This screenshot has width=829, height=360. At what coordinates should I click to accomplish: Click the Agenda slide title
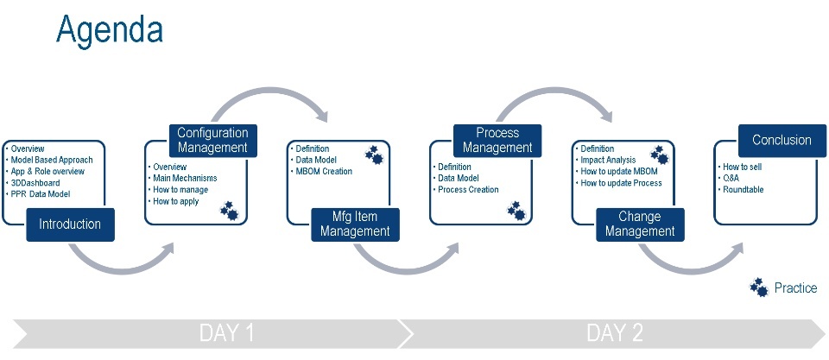coord(109,29)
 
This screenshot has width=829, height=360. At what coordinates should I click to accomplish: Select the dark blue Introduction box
coord(70,224)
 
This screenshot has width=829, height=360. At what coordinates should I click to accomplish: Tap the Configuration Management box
coord(212,141)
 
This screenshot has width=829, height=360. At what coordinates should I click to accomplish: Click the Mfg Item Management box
coord(355,224)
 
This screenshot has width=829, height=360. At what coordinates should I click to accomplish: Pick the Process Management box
coord(497,141)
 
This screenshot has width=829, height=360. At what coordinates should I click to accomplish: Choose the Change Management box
coord(640,224)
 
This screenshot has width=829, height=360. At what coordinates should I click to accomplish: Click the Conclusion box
coord(782,140)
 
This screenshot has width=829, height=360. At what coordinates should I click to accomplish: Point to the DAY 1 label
coord(226,333)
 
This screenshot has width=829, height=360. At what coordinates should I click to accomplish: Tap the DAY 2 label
coord(614,333)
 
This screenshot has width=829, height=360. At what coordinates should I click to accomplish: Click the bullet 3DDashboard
coord(37,183)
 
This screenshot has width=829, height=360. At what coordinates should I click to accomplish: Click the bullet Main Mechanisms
coord(185,178)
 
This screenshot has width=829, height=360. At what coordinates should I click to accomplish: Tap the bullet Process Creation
coord(468,189)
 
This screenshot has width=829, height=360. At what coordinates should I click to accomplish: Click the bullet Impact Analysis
coord(608,160)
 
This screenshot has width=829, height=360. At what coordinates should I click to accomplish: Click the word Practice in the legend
coord(795,288)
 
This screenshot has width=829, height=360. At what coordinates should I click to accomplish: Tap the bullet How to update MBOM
coord(619,171)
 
